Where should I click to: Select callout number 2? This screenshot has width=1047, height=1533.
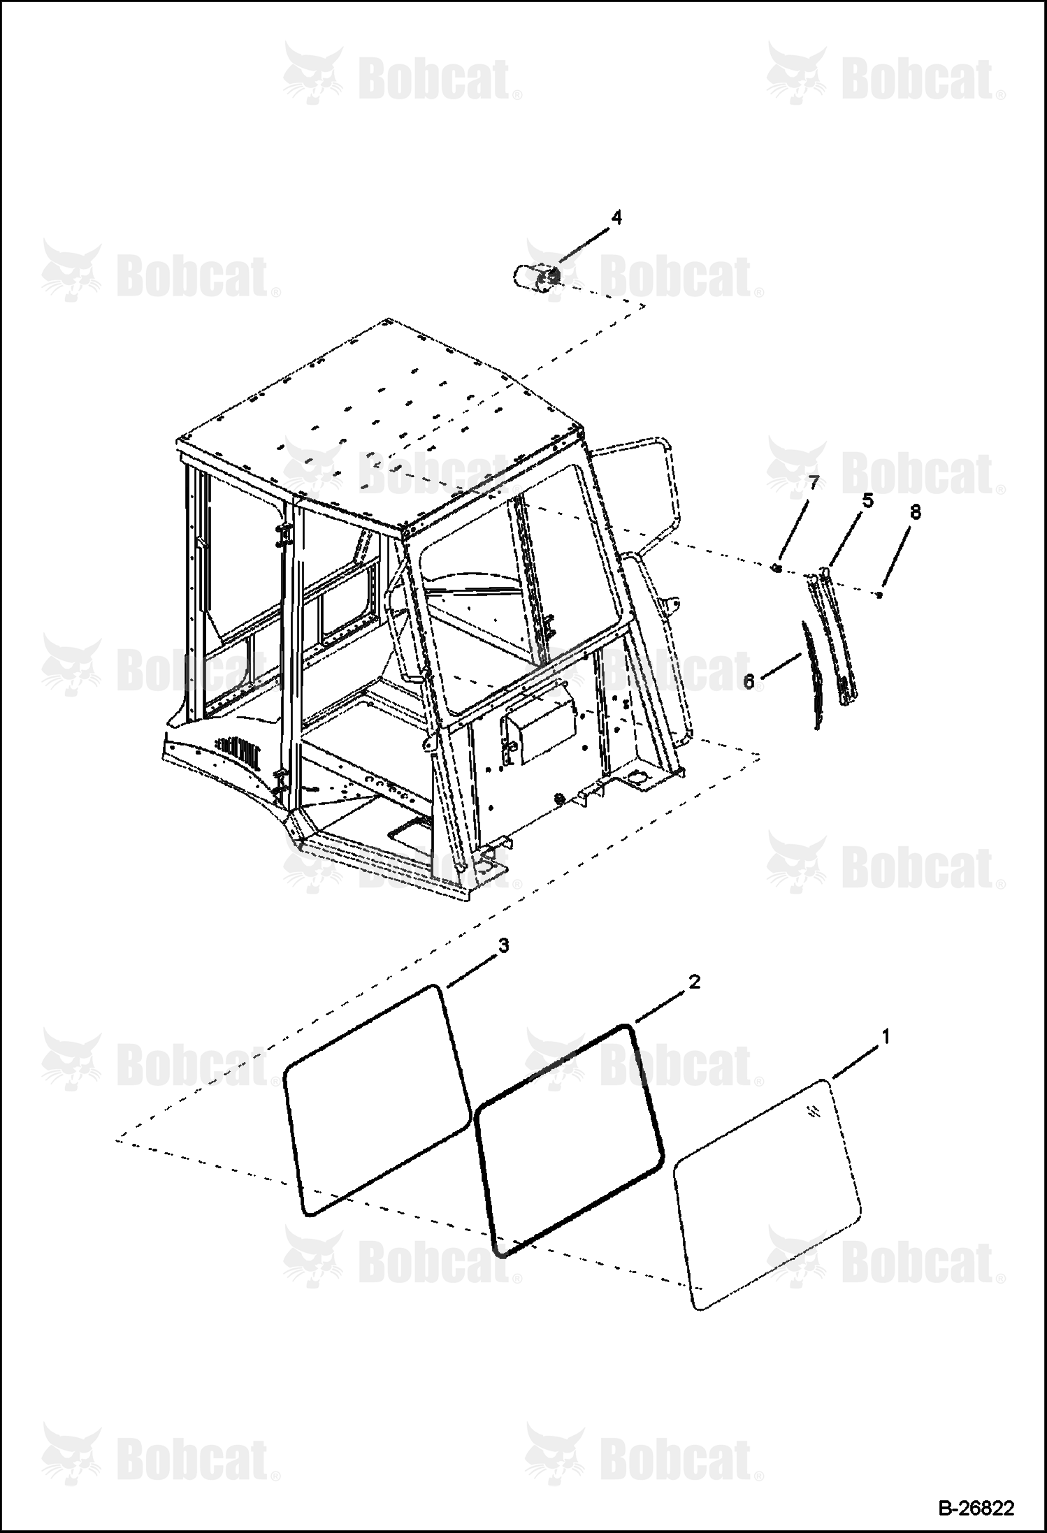(694, 982)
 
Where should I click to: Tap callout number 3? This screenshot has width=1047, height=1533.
(503, 945)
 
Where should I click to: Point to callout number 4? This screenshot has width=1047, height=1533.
(616, 217)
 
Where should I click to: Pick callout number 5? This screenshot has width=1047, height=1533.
(867, 500)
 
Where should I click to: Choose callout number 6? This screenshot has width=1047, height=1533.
(749, 681)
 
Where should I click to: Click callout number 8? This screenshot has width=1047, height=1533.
(915, 512)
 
